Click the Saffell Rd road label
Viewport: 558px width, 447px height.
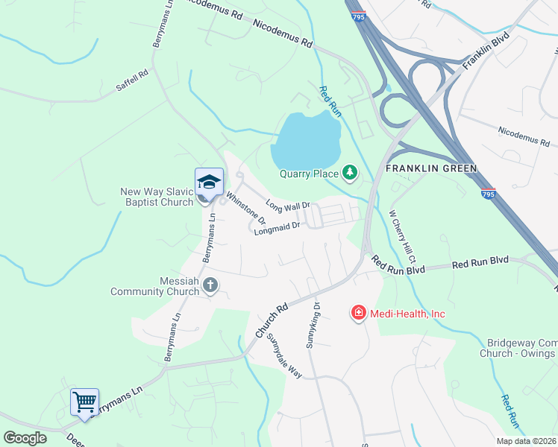[x=133, y=80]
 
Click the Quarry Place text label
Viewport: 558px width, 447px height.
[x=308, y=175]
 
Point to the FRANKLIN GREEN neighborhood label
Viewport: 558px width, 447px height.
[x=431, y=168]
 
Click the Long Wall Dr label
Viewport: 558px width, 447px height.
[x=287, y=206]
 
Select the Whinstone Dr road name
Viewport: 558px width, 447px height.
[x=245, y=209]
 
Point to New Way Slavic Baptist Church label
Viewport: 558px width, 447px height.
[x=157, y=197]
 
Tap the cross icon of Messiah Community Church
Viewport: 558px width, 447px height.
[x=210, y=285]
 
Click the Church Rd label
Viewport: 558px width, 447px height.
[x=272, y=320]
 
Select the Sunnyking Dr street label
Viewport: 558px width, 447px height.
[x=313, y=326]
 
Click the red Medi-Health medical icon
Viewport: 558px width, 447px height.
[x=359, y=313]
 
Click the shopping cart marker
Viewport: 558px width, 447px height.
[x=84, y=402]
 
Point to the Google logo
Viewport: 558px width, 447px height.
[x=25, y=438]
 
